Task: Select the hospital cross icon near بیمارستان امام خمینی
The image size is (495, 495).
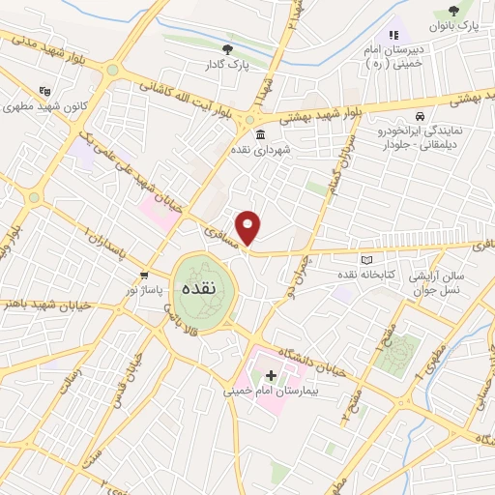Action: click(x=270, y=374)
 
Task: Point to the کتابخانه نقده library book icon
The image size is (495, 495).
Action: click(x=364, y=259)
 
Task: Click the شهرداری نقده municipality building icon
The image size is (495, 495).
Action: click(x=260, y=135)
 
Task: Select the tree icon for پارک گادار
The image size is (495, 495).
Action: click(x=227, y=48)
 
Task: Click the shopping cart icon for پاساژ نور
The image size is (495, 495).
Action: click(x=144, y=275)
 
